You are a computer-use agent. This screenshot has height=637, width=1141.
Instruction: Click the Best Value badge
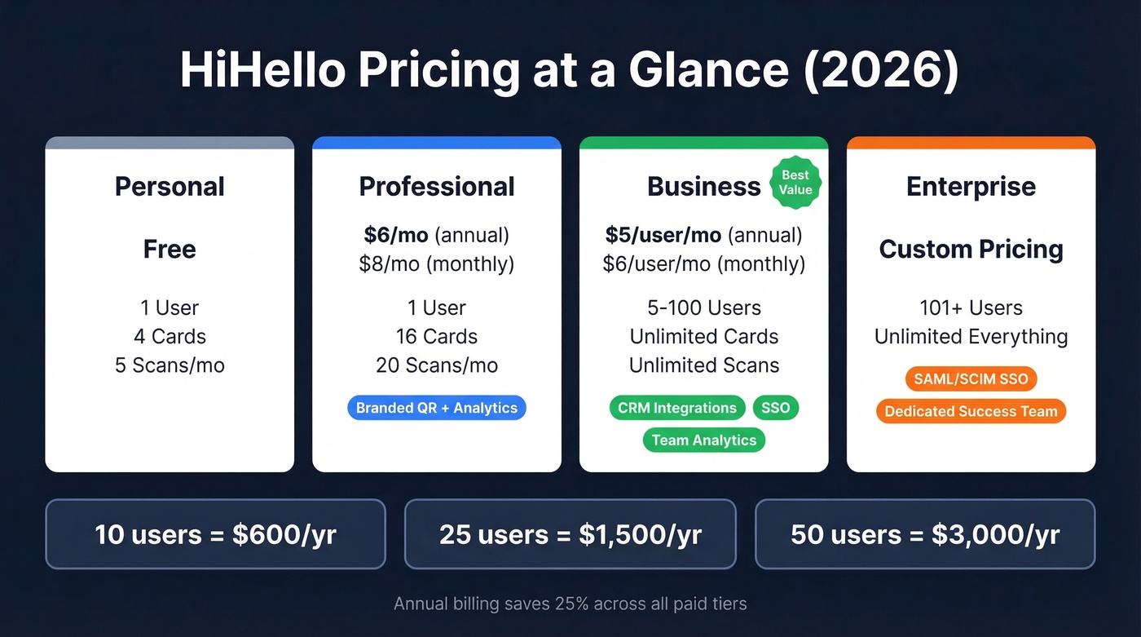pos(795,183)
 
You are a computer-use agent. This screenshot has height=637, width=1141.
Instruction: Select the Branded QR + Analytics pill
pos(437,408)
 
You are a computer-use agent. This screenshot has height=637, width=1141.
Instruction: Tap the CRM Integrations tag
pos(676,408)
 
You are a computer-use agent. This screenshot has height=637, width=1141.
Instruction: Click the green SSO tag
pos(775,408)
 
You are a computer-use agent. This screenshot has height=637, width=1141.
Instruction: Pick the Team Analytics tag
pos(704,440)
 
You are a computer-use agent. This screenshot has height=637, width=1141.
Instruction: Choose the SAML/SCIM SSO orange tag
pos(971,379)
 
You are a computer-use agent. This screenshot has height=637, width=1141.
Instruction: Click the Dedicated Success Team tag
pos(971,412)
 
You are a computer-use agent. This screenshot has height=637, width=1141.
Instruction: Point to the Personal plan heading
pos(170,186)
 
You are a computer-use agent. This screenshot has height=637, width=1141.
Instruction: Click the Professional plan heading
pos(437,186)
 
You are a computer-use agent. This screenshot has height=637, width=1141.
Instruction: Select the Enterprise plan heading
pos(971,186)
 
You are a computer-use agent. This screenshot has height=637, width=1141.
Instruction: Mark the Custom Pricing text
pos(971,249)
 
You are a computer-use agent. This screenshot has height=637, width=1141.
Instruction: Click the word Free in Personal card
pos(170,249)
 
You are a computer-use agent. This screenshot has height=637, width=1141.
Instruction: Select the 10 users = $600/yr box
pos(215,534)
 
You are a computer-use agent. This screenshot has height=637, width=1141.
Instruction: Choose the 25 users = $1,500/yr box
pos(570,534)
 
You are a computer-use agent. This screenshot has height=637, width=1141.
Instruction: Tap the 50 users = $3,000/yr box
pos(925,534)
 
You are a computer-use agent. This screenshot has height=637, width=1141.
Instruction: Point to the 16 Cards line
pos(437,337)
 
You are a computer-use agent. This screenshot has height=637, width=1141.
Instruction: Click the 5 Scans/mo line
pos(170,365)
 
